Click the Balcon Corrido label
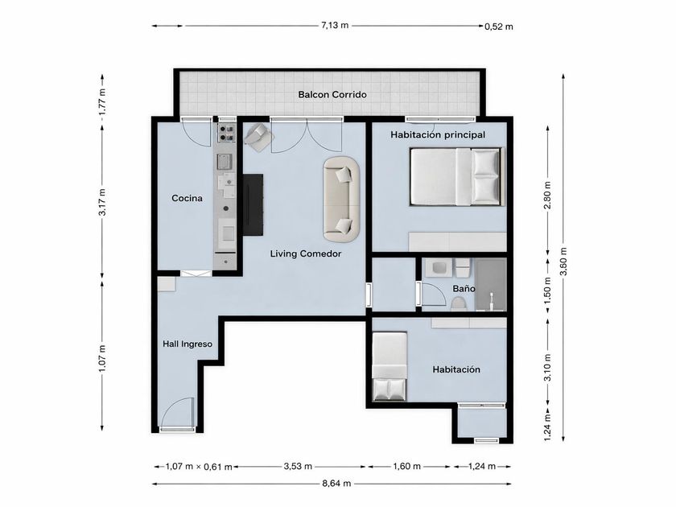pyautogui.click(x=332, y=94)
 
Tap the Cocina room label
pyautogui.click(x=187, y=198)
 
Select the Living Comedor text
pyautogui.click(x=306, y=253)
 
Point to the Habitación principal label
pyautogui.click(x=438, y=135)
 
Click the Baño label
pyautogui.click(x=464, y=288)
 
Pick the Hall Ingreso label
pyautogui.click(x=188, y=344)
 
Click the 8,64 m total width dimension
pyautogui.click(x=336, y=484)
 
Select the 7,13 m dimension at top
pyautogui.click(x=335, y=25)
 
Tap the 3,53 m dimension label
pyautogui.click(x=298, y=466)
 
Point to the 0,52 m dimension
pyautogui.click(x=499, y=27)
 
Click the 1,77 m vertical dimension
pyautogui.click(x=102, y=105)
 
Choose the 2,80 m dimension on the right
pyautogui.click(x=547, y=196)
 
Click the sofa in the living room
pyautogui.click(x=341, y=200)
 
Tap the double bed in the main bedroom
pyautogui.click(x=457, y=176)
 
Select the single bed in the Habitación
pyautogui.click(x=390, y=366)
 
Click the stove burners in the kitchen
pyautogui.click(x=226, y=133)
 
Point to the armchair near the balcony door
pyautogui.click(x=258, y=137)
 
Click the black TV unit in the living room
pyautogui.click(x=253, y=204)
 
